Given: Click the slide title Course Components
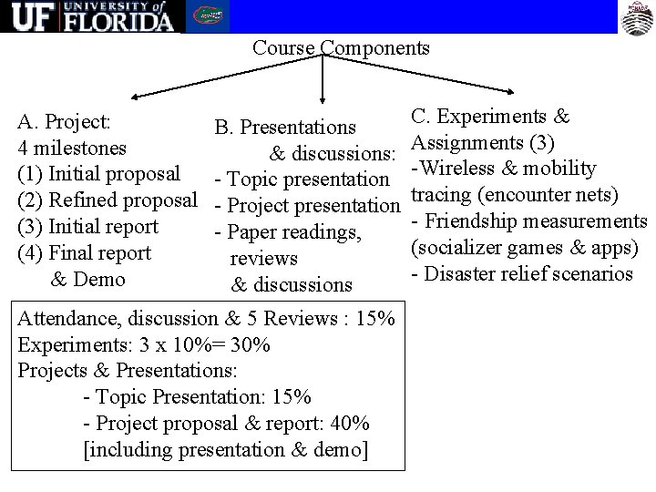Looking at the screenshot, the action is point(341,47).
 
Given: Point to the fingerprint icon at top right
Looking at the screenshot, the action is point(635,15).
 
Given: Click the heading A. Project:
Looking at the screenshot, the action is point(65,121).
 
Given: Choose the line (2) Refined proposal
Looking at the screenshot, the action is point(108,200).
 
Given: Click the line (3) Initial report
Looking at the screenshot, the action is point(88,226).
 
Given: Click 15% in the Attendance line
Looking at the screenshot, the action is point(378,319).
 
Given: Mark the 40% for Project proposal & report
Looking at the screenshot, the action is point(351,425).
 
